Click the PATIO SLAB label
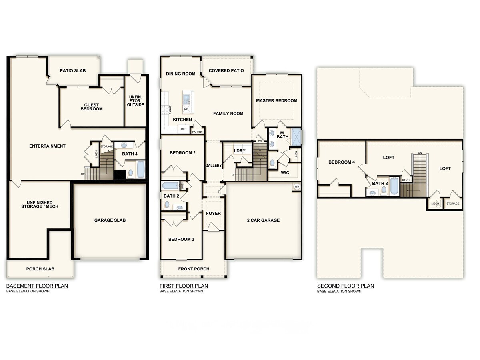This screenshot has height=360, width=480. pyautogui.click(x=73, y=71)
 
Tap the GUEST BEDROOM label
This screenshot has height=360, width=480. pyautogui.click(x=92, y=107)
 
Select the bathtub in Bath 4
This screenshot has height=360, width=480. pyautogui.click(x=141, y=169)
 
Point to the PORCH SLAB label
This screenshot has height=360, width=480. pyautogui.click(x=40, y=269)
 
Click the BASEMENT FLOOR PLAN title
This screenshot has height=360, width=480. pyautogui.click(x=37, y=286)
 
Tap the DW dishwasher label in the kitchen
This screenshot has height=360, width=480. pyautogui.click(x=186, y=109)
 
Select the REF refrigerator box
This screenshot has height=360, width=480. pyautogui.click(x=184, y=129)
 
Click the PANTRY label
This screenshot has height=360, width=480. pyautogui.click(x=198, y=132)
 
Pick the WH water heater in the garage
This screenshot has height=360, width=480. pyautogui.click(x=297, y=187)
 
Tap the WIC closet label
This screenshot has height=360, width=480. pyautogui.click(x=285, y=173)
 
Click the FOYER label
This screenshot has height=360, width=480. pyautogui.click(x=213, y=214)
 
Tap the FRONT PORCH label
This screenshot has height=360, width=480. pyautogui.click(x=194, y=269)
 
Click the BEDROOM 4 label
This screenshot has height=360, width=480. pyautogui.click(x=341, y=162)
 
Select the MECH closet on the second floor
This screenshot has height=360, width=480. pyautogui.click(x=435, y=204)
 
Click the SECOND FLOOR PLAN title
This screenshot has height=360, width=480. pyautogui.click(x=346, y=286)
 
